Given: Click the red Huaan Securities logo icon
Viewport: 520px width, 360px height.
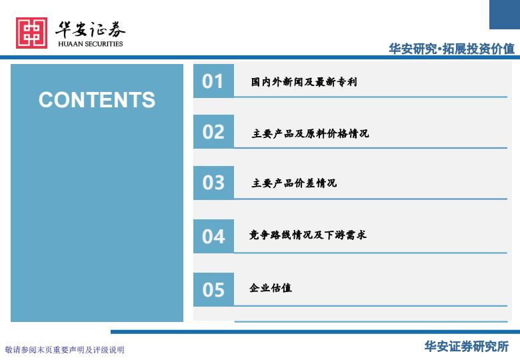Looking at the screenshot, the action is coord(31,33).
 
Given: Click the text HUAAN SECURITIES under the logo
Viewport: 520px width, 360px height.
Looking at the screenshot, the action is coord(90,44).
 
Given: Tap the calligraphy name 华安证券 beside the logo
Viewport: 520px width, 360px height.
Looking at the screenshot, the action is coord(90,29).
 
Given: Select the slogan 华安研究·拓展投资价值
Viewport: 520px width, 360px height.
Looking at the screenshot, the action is coord(452,49).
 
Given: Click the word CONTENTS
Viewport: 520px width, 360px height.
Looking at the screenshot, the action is coord(97,99).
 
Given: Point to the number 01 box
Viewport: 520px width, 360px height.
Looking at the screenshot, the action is coord(213,81).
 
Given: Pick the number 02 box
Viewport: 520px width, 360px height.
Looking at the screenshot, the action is coord(213,131).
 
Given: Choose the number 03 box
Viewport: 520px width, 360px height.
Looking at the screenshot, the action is coord(213,183).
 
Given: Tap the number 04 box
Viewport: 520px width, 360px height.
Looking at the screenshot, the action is coord(213,237).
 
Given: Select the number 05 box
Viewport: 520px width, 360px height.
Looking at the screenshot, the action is coord(213,289).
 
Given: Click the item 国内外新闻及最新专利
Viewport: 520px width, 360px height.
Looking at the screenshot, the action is coord(304,81).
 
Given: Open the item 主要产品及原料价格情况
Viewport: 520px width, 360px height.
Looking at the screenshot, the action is coord(310,133).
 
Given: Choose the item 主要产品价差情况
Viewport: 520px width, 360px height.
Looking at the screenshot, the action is coord(294,183).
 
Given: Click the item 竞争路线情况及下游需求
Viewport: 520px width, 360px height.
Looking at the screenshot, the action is coord(308,235).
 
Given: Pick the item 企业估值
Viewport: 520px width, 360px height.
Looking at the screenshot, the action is coord(271,288).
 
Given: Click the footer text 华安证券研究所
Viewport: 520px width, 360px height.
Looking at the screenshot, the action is coord(466,347).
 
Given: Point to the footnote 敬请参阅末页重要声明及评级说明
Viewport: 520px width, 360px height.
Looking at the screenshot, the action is coord(65,350).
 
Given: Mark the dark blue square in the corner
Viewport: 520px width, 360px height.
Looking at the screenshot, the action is coord(505,15).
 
